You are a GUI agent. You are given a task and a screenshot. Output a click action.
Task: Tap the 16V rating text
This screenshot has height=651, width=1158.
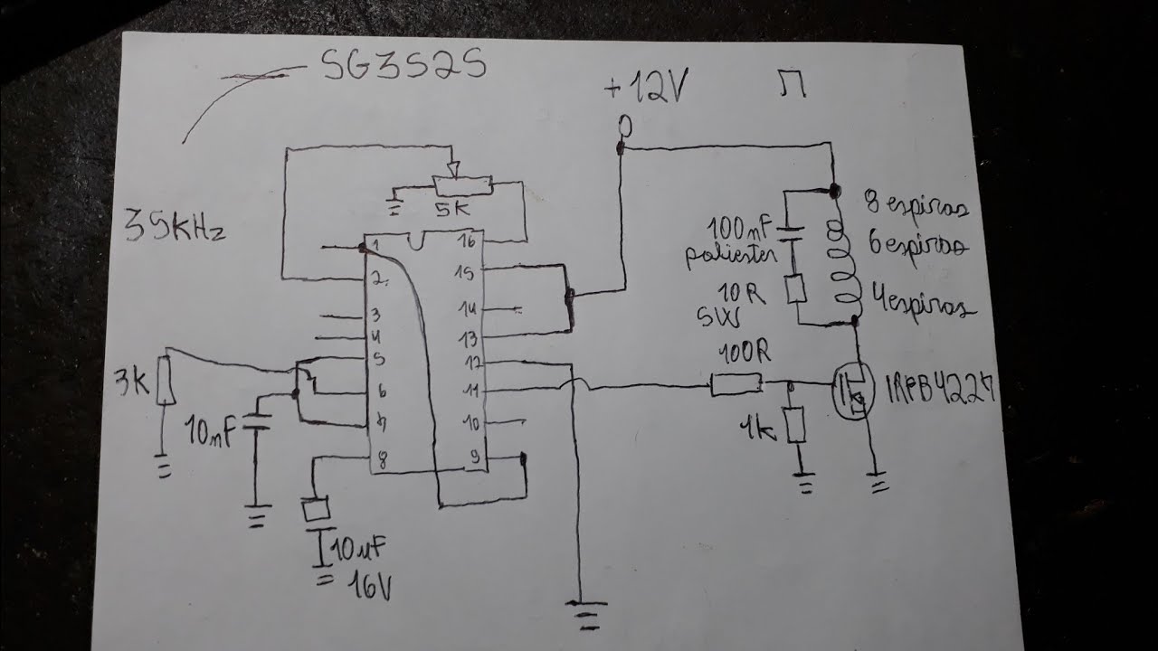(x=368, y=588)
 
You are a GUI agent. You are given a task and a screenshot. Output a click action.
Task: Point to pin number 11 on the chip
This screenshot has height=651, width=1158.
(x=470, y=391)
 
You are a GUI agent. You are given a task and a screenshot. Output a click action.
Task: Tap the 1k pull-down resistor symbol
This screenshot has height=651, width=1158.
(x=795, y=424)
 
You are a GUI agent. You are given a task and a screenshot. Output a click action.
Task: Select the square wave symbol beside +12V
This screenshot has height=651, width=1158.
(x=793, y=87)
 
